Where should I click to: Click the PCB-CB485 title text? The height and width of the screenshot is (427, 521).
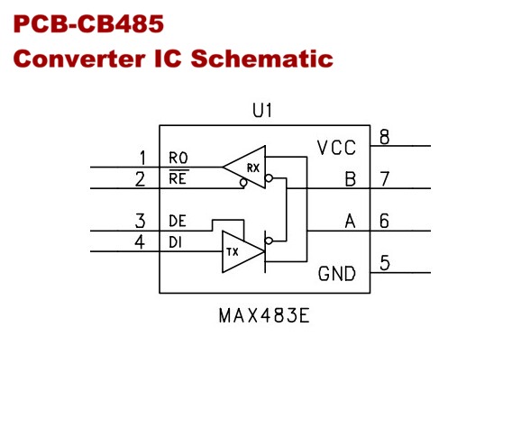click(88, 24)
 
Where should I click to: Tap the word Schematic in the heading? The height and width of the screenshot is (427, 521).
click(261, 59)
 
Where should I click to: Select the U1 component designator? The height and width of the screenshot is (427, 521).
click(262, 110)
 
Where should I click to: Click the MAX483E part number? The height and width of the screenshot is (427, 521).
click(264, 315)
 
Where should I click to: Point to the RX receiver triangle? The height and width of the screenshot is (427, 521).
click(244, 167)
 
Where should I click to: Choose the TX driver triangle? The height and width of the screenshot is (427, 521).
click(243, 251)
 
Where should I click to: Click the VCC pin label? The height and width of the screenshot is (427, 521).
click(336, 148)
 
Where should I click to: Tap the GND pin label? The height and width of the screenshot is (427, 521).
click(336, 274)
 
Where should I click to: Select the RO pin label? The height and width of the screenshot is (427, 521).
click(178, 158)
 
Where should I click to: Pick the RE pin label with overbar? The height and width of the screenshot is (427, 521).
click(178, 177)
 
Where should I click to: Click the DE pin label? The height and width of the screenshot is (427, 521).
click(178, 221)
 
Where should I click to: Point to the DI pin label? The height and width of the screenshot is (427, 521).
click(176, 242)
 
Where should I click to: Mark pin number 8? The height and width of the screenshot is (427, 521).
click(384, 137)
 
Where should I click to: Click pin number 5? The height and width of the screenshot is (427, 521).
click(385, 263)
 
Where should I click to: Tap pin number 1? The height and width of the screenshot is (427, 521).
click(143, 158)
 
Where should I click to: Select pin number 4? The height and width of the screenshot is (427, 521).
click(140, 241)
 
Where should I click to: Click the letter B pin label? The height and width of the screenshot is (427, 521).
click(351, 179)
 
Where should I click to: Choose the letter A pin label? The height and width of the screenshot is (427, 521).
click(351, 221)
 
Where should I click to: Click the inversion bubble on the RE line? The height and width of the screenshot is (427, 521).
click(243, 183)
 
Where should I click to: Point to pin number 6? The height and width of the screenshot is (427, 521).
click(384, 221)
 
